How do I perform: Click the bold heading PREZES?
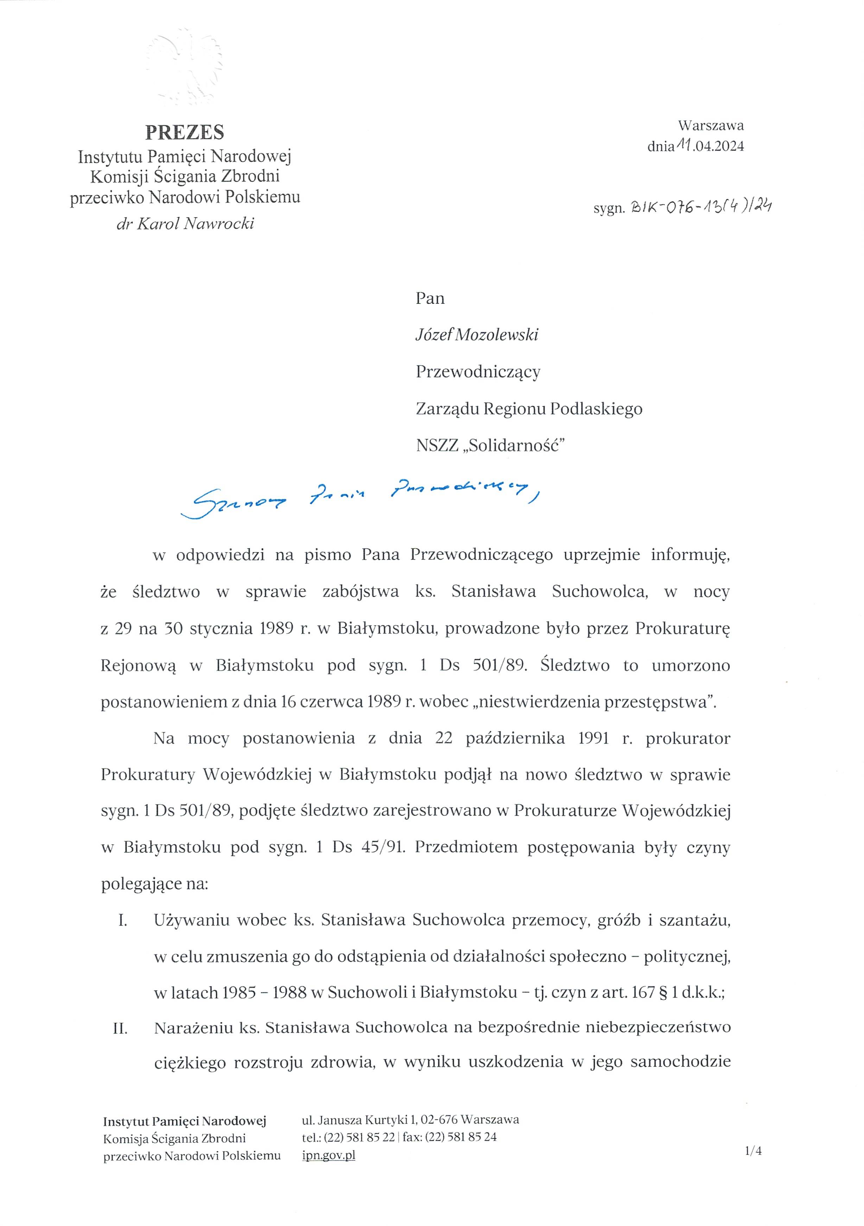185,132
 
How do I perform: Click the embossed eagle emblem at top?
185,67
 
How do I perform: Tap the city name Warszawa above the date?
711,126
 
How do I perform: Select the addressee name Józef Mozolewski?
477,335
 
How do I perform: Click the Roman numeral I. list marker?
122,921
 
